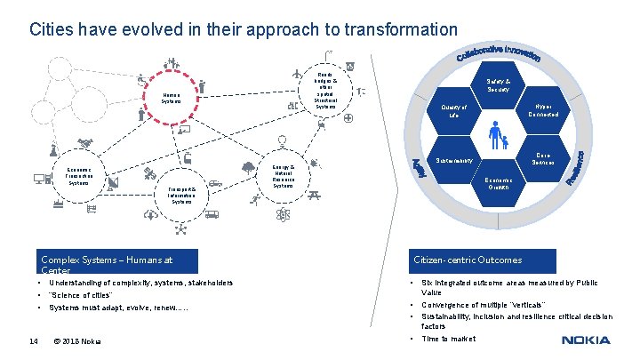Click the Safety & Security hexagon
498,86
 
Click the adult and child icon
497,136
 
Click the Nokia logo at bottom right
586,340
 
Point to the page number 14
33,340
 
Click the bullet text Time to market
448,339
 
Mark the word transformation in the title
398,29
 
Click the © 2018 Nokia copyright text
77,340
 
